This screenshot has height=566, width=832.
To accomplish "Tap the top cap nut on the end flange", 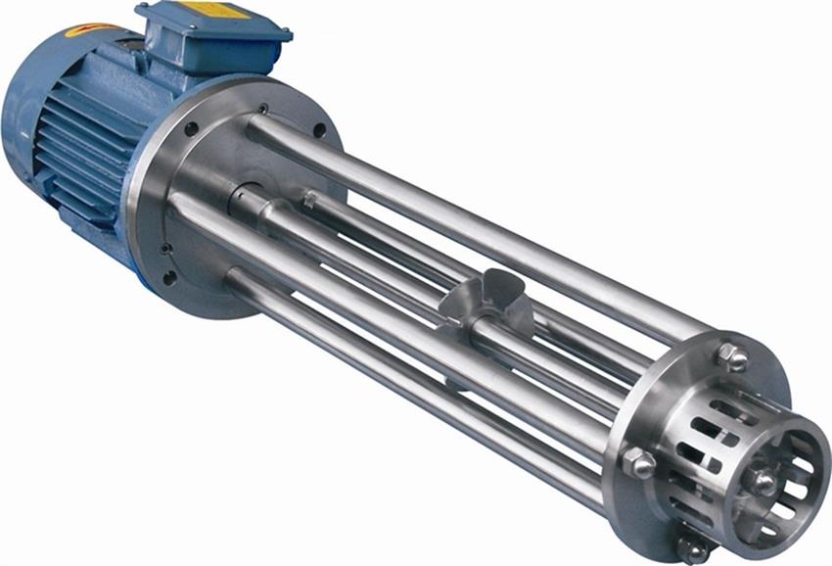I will (x=732, y=355).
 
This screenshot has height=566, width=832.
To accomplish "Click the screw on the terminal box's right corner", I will (x=284, y=35).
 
